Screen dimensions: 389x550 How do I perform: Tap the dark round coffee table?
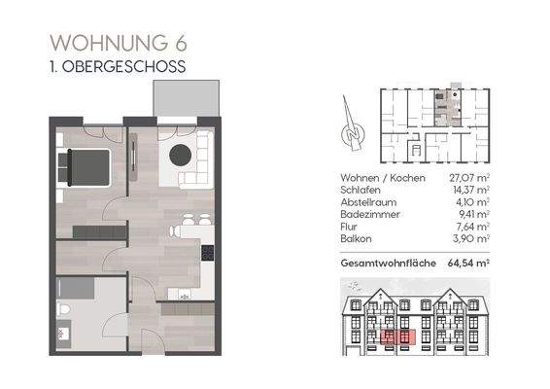[181, 155]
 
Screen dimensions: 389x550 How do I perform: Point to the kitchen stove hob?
[207, 253]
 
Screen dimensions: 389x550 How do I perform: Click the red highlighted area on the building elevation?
[396, 336]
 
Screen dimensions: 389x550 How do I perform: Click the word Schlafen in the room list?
[361, 190]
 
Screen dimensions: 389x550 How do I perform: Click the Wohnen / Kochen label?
[378, 178]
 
